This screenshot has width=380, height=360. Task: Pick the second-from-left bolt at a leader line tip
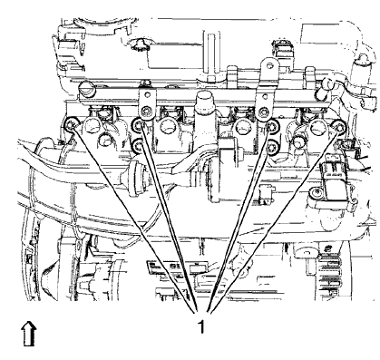click(136, 125)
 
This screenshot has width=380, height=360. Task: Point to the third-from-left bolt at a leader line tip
click(270, 125)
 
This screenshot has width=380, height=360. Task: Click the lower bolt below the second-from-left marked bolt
click(136, 143)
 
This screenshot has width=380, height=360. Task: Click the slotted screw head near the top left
click(85, 90)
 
